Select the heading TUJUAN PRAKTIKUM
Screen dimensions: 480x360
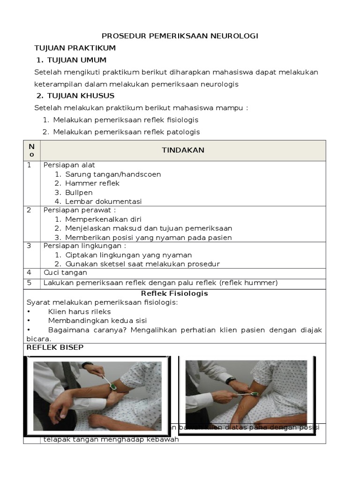[75, 48]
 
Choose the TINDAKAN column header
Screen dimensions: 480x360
[183, 150]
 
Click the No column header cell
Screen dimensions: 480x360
[31, 150]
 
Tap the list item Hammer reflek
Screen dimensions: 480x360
[92, 183]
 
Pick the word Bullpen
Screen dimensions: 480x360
[79, 192]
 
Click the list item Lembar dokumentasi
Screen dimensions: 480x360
[103, 202]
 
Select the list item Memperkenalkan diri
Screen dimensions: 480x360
[103, 219]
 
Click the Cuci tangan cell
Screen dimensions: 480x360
[65, 273]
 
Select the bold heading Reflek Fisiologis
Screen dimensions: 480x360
[174, 293]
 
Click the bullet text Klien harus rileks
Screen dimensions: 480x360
[79, 312]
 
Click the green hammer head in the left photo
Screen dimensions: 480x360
[112, 386]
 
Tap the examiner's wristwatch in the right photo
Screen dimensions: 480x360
[231, 380]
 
